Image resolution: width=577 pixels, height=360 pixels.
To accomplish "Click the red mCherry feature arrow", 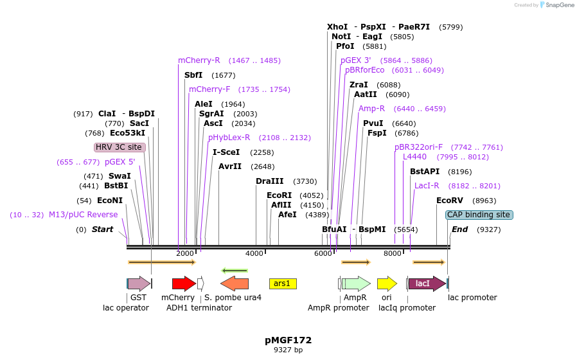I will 184,283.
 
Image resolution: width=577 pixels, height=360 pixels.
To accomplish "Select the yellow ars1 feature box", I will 282,283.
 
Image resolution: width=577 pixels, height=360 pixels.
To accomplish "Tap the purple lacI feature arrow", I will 426,283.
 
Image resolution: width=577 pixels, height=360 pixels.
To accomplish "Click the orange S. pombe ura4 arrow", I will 235,283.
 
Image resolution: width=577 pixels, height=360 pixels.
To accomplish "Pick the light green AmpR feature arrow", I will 356,283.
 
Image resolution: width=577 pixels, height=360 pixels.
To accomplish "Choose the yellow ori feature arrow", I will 387,283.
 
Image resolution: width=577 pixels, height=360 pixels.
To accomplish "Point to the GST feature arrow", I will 138,283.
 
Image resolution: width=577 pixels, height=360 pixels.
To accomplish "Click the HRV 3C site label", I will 119,147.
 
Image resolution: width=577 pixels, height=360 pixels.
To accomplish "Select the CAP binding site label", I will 479,215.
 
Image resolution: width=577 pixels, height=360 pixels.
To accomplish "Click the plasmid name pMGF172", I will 288,339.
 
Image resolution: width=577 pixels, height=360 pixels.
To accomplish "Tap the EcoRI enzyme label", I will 279,195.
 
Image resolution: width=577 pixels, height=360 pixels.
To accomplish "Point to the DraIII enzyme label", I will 269,181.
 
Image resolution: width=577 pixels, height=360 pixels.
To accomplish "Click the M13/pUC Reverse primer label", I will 84,215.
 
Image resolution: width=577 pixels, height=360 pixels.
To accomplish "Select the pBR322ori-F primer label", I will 418,147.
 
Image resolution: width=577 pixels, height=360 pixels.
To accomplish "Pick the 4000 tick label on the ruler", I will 255,253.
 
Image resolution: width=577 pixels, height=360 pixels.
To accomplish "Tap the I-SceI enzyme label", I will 226,152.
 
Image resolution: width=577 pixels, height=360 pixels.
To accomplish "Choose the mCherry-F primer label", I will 209,89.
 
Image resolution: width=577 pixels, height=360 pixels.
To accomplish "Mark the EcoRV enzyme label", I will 449,201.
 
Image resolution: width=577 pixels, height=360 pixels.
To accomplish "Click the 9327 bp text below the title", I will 288,350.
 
